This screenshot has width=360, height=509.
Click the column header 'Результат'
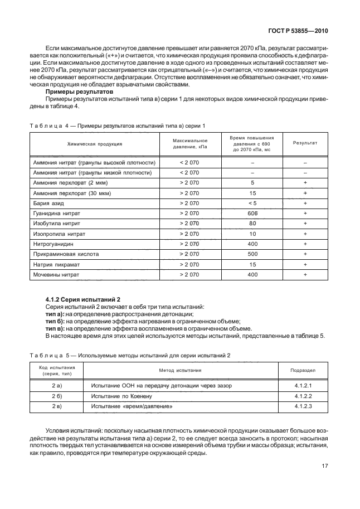tap(305, 143)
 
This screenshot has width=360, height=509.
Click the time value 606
tap(252, 213)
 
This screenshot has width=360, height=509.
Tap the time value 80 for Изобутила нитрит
tap(252, 223)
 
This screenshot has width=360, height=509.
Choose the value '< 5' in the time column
tap(252, 203)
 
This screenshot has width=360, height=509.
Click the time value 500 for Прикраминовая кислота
tap(252, 254)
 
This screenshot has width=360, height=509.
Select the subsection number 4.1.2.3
tap(303, 406)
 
